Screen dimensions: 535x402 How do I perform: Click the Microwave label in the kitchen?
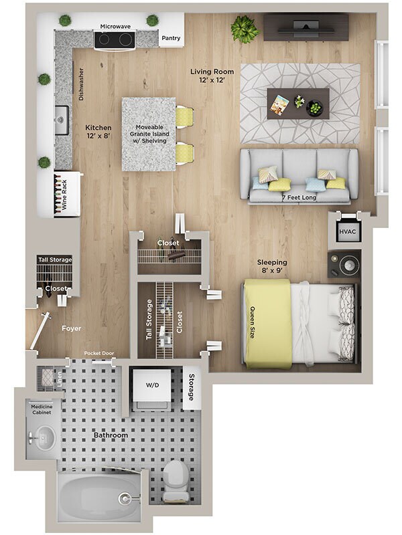tap(115, 25)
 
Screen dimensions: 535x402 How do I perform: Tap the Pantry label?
tap(171, 38)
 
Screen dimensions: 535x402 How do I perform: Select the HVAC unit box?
tap(347, 231)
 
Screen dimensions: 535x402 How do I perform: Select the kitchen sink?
tap(62, 120)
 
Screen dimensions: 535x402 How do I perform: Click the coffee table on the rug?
tap(297, 104)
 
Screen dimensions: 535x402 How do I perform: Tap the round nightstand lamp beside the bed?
tap(346, 265)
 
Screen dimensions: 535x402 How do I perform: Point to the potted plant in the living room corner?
tap(244, 29)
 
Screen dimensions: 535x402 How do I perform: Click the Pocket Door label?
tap(100, 354)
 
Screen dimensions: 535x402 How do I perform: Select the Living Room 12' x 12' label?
tap(212, 76)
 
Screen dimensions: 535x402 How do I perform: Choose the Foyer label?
tap(72, 328)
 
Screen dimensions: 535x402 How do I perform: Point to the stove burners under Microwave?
tap(115, 40)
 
